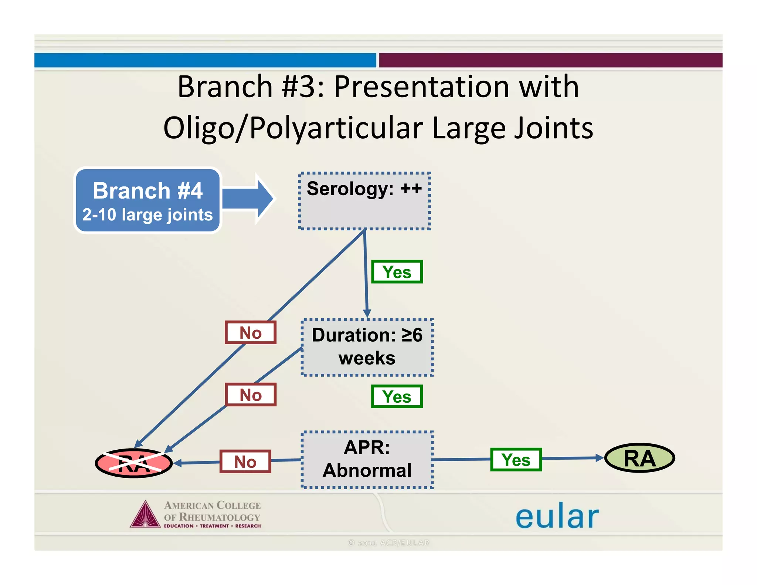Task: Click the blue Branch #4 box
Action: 147,200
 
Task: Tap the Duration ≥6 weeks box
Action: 367,347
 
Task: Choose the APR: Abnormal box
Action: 367,459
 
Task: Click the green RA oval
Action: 639,458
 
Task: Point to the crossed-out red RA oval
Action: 134,463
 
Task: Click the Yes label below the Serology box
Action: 397,272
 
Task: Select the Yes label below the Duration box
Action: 397,396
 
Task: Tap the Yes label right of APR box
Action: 516,460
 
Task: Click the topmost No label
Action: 251,332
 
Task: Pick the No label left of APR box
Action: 245,461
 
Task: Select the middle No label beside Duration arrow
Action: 251,395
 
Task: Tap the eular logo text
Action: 557,516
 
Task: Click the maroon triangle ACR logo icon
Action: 145,515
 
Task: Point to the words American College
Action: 212,505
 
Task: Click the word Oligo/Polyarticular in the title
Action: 293,128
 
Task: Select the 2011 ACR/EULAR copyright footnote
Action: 388,542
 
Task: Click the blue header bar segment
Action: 205,60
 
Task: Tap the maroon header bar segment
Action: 550,60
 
